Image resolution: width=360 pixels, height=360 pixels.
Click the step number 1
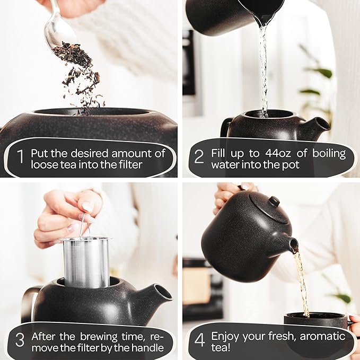coord(20,158)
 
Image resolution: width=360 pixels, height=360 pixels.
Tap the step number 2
coord(199,158)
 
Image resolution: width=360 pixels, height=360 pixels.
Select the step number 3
coord(20,340)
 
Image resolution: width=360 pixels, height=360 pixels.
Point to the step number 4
coord(200,340)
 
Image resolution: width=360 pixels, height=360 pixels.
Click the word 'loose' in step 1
coord(45,164)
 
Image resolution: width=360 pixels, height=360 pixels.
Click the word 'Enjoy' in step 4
coord(225,336)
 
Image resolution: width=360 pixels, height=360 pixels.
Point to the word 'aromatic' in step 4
coord(323,336)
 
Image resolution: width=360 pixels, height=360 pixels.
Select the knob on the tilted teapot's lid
coord(274,201)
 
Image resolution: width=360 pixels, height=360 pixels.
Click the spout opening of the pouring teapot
coord(293,245)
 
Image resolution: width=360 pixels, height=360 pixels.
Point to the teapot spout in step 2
coord(318,126)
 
